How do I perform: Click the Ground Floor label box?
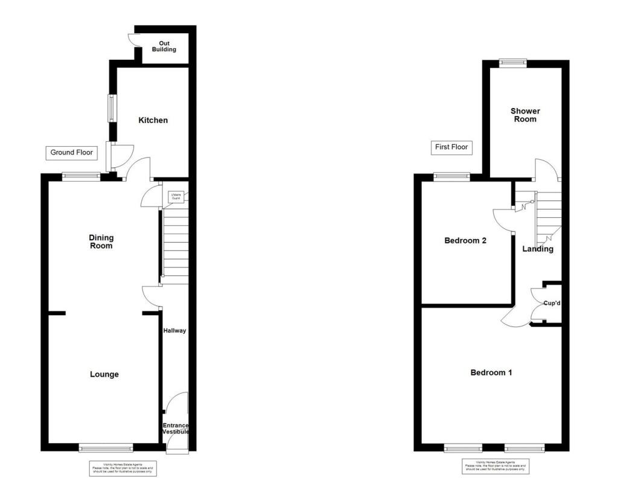(71, 153)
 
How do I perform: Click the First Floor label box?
(451, 147)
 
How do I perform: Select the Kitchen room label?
(153, 120)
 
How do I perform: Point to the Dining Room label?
(101, 241)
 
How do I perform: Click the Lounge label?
(104, 374)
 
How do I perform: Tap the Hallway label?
(175, 331)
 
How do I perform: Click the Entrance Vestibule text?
(176, 429)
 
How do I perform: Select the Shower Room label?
(525, 115)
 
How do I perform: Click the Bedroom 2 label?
(465, 240)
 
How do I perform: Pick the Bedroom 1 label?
(491, 372)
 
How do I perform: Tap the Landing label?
(538, 249)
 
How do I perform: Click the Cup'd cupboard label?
(552, 303)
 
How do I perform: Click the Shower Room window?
(512, 62)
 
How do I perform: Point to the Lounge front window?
(106, 447)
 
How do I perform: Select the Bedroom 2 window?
(452, 176)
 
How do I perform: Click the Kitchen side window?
(111, 108)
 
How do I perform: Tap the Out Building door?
(133, 39)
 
